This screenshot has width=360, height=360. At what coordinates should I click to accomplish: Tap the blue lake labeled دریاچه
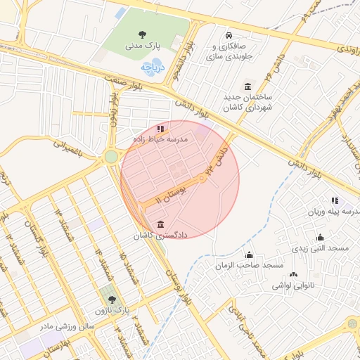(x=151, y=67)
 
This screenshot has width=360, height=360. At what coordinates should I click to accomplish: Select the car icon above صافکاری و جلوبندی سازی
(x=228, y=35)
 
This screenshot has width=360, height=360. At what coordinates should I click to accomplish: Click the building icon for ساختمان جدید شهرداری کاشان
(x=247, y=86)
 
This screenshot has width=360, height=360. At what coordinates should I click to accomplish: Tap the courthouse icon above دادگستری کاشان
(x=162, y=224)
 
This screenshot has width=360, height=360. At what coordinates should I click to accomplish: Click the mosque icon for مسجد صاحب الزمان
(x=248, y=255)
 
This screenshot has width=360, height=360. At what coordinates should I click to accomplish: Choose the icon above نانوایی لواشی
(x=293, y=275)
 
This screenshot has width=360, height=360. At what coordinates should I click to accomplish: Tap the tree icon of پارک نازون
(x=112, y=300)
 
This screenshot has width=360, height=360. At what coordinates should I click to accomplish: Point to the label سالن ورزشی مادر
(x=67, y=326)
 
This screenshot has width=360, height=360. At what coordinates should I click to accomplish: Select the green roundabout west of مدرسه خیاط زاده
(x=111, y=156)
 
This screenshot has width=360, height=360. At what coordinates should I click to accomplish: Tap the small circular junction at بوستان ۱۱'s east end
(x=202, y=179)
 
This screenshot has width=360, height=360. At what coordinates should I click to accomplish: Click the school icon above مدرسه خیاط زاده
(x=161, y=129)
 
